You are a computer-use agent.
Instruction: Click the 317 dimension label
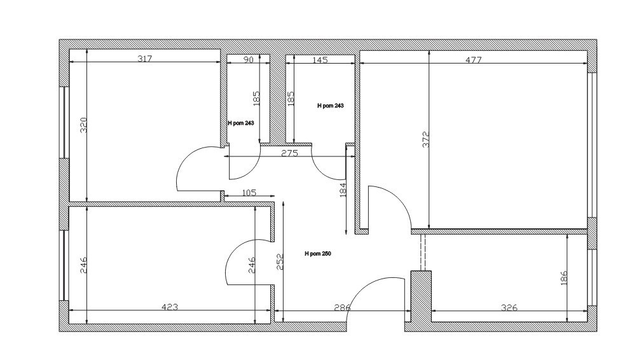point(145,59)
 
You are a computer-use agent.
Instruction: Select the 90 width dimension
point(249,60)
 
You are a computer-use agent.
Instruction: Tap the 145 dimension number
point(320,60)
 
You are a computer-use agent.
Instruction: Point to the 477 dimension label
point(474,60)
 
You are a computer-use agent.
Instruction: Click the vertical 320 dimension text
point(83,125)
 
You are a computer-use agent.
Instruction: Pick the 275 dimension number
point(289,153)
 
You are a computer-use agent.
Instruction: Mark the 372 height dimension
point(426,139)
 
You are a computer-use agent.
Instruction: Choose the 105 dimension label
point(249,193)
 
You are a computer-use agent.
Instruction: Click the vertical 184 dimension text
point(342,190)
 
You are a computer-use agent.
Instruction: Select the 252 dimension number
point(280,261)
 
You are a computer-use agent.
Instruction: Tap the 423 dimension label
point(170,307)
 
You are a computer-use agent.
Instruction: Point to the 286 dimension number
point(342,308)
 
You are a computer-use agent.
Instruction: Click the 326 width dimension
point(509,308)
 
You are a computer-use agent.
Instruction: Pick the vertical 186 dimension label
point(564,278)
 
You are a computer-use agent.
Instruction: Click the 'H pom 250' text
point(318,254)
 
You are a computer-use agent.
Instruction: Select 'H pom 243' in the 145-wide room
point(330,106)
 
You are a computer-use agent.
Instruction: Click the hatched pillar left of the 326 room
point(421,296)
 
